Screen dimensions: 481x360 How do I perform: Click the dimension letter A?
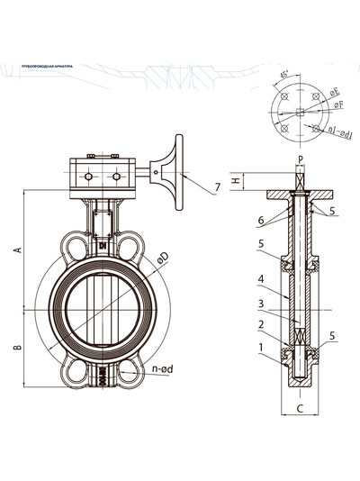click(17, 250)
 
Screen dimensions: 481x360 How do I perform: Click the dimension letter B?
click(17, 346)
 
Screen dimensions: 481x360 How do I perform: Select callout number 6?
click(261, 220)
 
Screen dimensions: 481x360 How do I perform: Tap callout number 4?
click(261, 278)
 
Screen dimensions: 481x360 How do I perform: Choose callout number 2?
click(261, 324)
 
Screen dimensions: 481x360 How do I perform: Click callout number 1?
click(261, 347)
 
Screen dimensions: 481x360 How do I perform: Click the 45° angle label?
click(285, 76)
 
